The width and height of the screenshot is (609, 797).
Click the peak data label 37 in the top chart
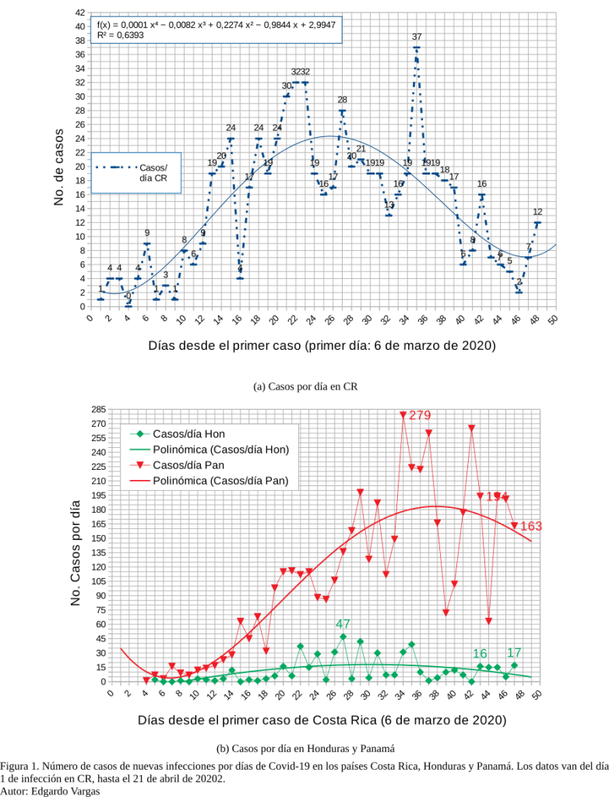coord(417,37)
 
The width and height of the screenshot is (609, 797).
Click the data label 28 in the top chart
coord(342,100)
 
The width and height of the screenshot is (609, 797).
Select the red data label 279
coord(419,415)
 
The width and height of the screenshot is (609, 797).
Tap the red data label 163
coord(530,527)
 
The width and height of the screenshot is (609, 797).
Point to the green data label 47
coord(343,624)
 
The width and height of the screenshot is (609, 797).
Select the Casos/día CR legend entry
coord(153,172)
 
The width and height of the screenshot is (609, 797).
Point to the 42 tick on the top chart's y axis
coord(80,13)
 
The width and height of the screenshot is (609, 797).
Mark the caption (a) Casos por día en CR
coord(305,386)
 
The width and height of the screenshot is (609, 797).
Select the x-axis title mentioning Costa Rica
coord(322,721)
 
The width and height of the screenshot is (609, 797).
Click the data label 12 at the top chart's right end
coord(537,212)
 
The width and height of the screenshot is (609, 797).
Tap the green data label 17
coord(514,653)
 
